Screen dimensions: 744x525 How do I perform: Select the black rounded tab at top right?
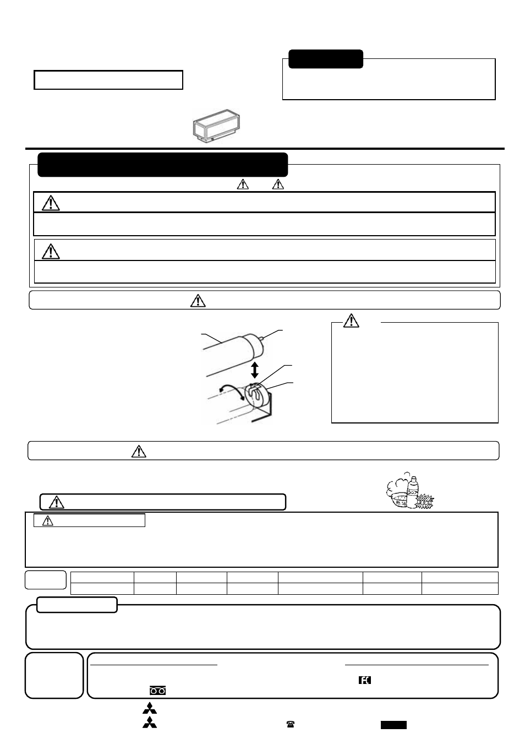click(x=326, y=59)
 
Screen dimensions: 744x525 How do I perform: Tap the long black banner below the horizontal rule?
click(x=163, y=165)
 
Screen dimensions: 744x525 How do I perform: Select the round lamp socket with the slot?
click(x=257, y=395)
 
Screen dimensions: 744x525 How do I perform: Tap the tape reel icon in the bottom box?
click(x=157, y=691)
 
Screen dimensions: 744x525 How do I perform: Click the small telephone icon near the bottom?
click(x=291, y=725)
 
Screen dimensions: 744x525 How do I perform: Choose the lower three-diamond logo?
click(x=149, y=723)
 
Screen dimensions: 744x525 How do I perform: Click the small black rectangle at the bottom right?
click(x=393, y=725)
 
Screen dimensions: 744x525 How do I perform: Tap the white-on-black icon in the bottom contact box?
click(x=364, y=680)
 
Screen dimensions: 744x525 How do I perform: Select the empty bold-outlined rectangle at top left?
click(x=108, y=80)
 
